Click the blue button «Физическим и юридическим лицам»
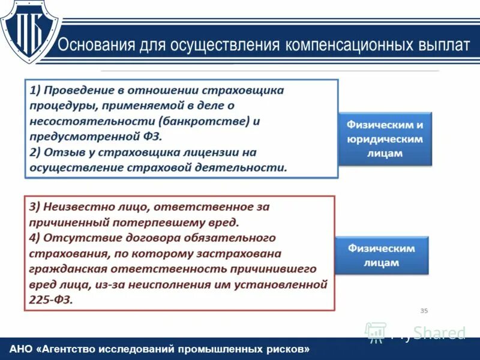(385, 139)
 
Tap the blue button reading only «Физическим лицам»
(382, 255)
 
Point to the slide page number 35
(424, 310)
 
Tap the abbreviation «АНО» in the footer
(22, 349)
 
